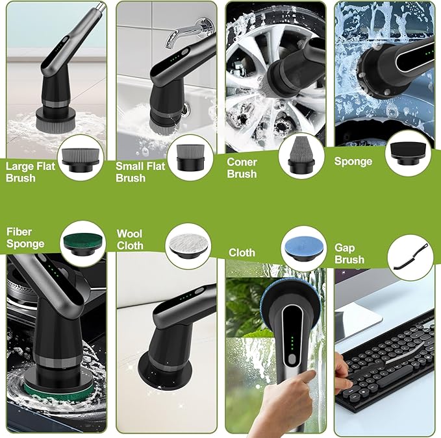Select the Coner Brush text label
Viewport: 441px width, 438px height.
click(x=242, y=167)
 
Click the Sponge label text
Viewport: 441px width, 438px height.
click(x=353, y=161)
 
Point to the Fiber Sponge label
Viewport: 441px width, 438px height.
click(x=25, y=237)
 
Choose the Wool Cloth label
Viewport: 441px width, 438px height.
click(x=130, y=239)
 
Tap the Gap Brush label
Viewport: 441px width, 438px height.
click(x=349, y=253)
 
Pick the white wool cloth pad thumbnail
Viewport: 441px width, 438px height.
click(x=188, y=247)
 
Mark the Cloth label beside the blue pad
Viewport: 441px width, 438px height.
click(x=242, y=252)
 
